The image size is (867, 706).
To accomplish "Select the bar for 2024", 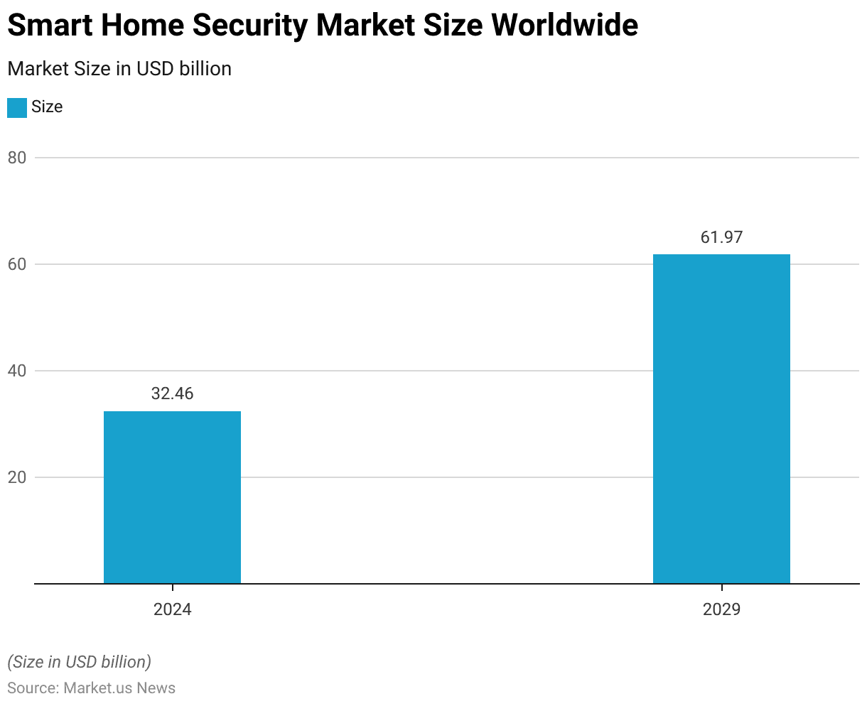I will tap(172, 497).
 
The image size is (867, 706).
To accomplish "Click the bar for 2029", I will tap(721, 419).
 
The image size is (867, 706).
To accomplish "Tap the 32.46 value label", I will tap(172, 393).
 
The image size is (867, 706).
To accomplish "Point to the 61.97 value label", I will tap(721, 237).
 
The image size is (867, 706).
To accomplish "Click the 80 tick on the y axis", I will tap(17, 158).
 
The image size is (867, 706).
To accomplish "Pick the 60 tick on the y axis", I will tap(17, 264).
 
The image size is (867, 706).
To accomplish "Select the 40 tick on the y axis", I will tap(17, 371).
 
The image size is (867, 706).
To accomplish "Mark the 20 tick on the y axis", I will tap(17, 477).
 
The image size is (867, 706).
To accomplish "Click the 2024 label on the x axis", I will tap(172, 609).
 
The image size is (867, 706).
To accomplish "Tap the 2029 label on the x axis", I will tap(721, 609).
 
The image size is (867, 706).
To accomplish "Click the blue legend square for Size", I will tap(17, 108).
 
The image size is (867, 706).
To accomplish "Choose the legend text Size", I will tap(47, 107).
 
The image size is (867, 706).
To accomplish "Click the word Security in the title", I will tap(250, 26).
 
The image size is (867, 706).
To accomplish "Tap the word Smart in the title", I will tap(50, 26).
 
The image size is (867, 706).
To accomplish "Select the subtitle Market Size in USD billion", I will tap(119, 69).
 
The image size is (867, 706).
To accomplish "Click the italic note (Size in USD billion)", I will tap(79, 662).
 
